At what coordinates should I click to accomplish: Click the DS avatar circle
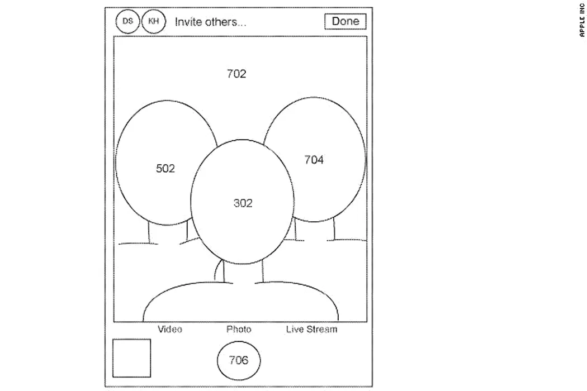click(x=127, y=21)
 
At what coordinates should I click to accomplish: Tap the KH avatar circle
click(x=154, y=21)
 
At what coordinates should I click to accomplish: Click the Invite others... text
click(x=211, y=22)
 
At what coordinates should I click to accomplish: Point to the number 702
click(x=236, y=74)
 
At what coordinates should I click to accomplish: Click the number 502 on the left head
click(x=165, y=168)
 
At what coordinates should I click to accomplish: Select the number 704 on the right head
click(x=314, y=160)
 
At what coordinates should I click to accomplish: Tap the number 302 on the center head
click(x=243, y=203)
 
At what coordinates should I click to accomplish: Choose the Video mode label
click(x=170, y=329)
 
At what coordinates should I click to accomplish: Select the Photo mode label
click(x=239, y=329)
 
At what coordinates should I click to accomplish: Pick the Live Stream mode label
click(x=312, y=329)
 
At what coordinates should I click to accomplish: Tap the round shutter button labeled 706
click(x=239, y=360)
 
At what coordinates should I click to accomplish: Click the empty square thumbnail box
click(x=132, y=358)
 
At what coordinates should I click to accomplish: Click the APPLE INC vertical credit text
click(x=582, y=20)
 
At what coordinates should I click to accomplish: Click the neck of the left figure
click(x=168, y=233)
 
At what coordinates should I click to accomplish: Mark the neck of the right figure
click(x=315, y=229)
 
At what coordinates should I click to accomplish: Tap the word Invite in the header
click(x=186, y=22)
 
